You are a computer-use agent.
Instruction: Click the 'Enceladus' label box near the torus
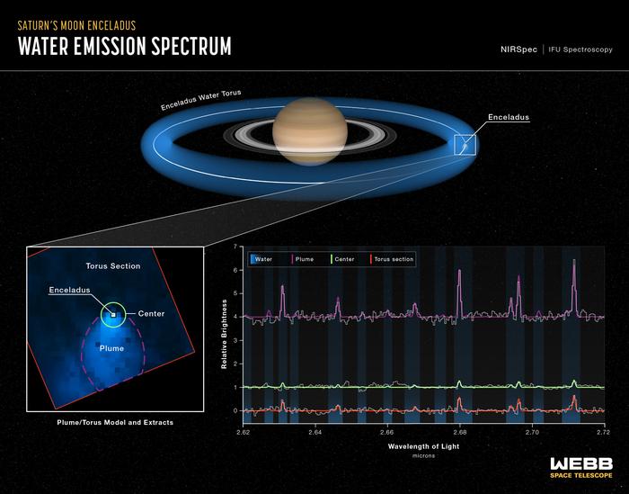point(509,118)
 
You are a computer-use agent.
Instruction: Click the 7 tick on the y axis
point(235,247)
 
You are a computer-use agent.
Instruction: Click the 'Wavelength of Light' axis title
point(423,446)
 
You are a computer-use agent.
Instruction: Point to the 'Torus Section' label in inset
point(112,266)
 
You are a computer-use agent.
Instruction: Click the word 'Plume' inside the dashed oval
point(111,346)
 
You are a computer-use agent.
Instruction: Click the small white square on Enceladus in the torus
point(465,144)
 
